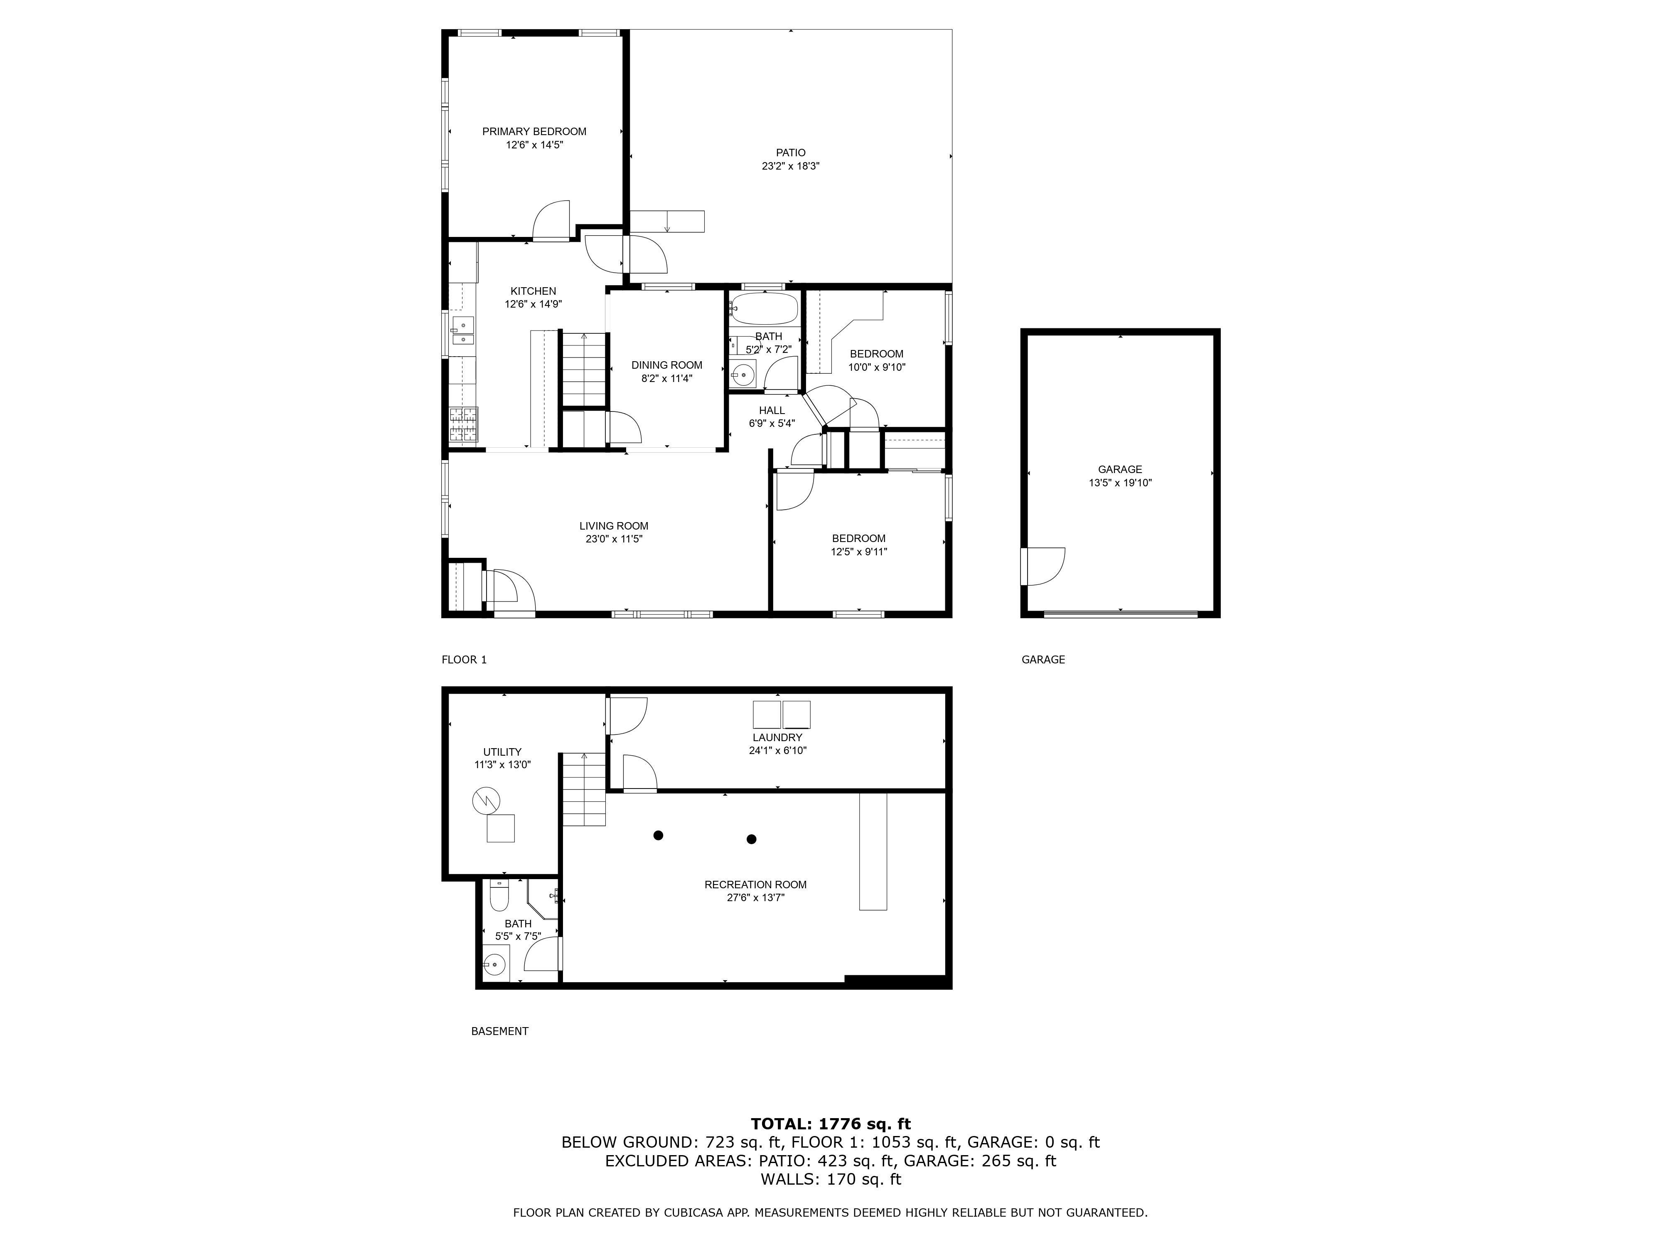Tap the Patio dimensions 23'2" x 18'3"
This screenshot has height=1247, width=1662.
(790, 166)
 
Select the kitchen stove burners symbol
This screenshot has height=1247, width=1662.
(464, 424)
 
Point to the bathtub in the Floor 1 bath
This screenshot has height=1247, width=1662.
(763, 309)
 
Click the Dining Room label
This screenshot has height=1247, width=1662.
(666, 365)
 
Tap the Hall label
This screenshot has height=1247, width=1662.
(772, 410)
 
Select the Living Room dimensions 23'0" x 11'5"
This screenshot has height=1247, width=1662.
(614, 539)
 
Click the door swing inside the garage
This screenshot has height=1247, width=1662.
(1043, 566)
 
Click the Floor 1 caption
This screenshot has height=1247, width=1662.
(464, 660)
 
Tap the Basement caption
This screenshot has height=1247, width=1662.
(500, 1031)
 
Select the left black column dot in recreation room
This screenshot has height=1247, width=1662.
(658, 835)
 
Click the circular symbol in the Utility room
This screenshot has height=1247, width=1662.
(485, 801)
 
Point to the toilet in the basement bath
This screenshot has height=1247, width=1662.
(499, 896)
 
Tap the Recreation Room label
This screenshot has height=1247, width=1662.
(755, 885)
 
